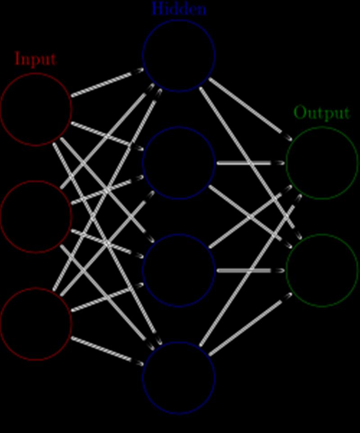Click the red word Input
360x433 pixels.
tap(36, 59)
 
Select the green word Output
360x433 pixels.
tap(322, 113)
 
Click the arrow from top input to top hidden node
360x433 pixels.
tap(108, 82)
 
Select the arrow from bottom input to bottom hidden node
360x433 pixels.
tap(108, 351)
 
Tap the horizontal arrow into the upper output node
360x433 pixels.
tap(251, 163)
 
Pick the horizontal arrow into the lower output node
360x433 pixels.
tap(251, 271)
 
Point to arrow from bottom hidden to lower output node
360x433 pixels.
tap(250, 324)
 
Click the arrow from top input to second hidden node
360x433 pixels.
tap(108, 136)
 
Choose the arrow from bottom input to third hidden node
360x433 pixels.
tap(108, 297)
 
